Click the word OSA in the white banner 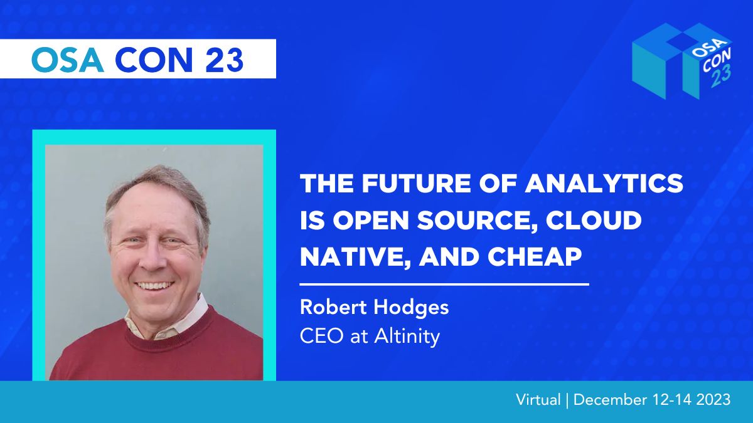67,60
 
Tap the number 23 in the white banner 224,60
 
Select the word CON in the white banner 154,60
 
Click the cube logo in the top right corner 683,61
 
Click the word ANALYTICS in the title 604,183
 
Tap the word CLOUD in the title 594,220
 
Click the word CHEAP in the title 535,257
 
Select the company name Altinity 407,337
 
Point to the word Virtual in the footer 538,400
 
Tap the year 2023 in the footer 713,400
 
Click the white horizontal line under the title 444,285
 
